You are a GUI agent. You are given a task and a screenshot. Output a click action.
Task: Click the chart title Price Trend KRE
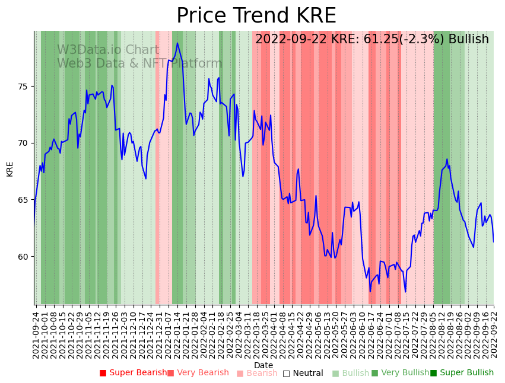coord(256,16)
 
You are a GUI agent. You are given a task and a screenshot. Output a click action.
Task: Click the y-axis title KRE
coord(10,168)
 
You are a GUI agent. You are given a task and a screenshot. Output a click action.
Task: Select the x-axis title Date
coord(263,365)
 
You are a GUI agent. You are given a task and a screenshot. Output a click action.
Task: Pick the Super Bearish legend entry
coord(133,373)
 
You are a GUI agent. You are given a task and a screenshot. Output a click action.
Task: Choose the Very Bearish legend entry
coord(198,373)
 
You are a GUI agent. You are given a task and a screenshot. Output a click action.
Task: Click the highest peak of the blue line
coord(177,43)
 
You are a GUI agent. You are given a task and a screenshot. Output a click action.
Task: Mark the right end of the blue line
coord(493,241)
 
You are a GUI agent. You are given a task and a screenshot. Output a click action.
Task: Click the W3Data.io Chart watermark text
coord(108,50)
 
